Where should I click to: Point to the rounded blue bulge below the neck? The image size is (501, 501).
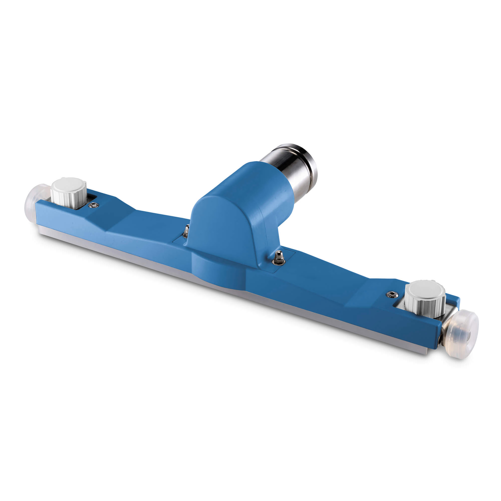coord(218,272)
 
